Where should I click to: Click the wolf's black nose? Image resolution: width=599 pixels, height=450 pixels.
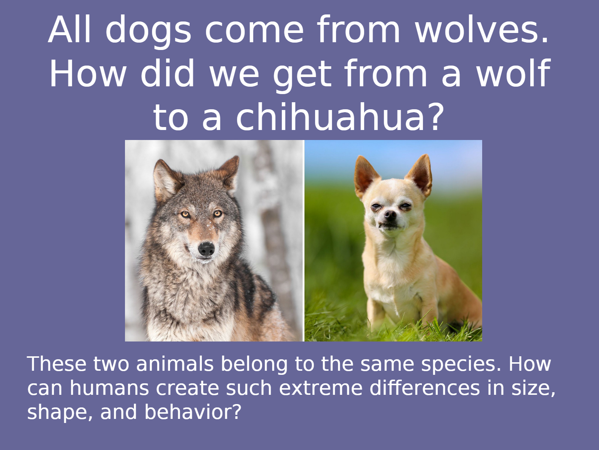click(206, 249)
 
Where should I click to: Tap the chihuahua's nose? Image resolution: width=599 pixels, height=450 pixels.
click(390, 215)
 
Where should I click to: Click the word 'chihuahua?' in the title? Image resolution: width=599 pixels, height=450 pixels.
click(338, 117)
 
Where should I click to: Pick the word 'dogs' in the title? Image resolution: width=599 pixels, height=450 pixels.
click(148, 32)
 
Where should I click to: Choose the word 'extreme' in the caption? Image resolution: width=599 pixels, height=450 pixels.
click(320, 388)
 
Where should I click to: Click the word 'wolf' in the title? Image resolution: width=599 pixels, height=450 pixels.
click(513, 73)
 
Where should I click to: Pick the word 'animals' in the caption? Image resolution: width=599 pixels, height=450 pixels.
click(175, 364)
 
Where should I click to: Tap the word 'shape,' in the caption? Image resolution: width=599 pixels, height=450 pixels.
click(60, 413)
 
